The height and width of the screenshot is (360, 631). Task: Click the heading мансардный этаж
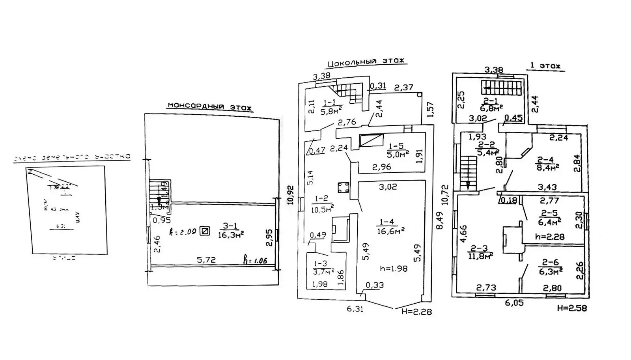click(209, 106)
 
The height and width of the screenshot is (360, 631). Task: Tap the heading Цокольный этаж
click(366, 62)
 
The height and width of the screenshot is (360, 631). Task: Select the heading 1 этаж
click(545, 65)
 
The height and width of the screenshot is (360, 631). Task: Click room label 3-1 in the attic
click(230, 226)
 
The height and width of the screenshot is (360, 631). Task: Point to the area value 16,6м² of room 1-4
click(390, 231)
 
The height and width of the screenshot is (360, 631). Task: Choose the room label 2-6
click(550, 262)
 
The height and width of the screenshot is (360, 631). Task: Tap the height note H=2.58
click(571, 308)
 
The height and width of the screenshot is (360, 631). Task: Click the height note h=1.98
click(394, 269)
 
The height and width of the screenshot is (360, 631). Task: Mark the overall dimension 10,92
click(291, 194)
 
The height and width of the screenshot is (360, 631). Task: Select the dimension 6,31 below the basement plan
click(355, 309)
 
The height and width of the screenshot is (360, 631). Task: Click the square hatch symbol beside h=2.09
click(205, 231)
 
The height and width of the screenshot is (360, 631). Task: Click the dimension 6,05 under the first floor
click(514, 303)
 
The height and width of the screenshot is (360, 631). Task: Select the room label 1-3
click(320, 263)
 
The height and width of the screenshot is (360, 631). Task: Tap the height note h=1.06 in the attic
click(255, 260)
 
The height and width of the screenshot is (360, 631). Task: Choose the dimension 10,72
click(445, 194)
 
